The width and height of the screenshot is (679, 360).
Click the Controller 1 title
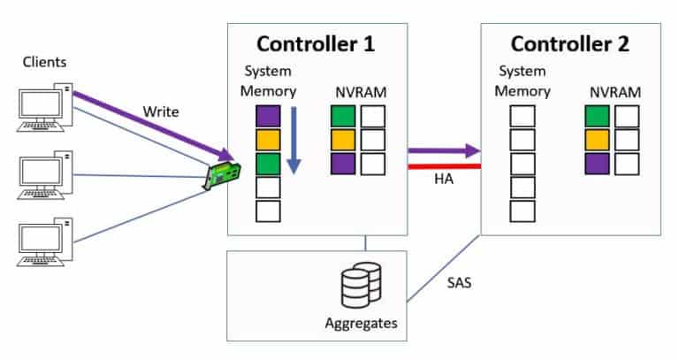(x=317, y=44)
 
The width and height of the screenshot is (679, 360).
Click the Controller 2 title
(x=569, y=44)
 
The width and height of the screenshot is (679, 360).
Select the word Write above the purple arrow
(x=161, y=111)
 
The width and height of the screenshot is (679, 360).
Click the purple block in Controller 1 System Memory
(x=268, y=117)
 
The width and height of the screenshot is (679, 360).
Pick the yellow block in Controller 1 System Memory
(x=268, y=141)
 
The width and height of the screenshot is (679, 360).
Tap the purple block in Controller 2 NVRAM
(x=597, y=164)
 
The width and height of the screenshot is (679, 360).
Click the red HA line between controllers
(x=443, y=165)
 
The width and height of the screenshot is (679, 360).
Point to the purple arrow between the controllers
(x=443, y=151)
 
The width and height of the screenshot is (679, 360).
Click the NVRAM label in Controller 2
(x=610, y=92)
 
